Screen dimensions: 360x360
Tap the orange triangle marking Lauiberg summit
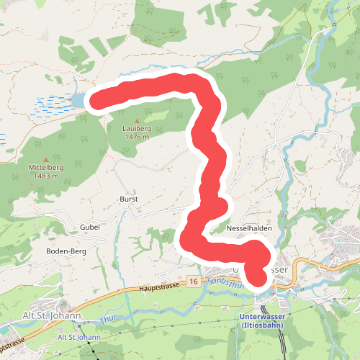coord(136,120)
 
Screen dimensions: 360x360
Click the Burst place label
coord(128,199)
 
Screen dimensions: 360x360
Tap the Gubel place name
coord(89,226)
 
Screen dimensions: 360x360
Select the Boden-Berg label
coord(66,251)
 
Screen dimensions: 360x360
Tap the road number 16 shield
coord(193,279)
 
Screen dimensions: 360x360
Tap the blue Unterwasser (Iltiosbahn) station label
coord(260,320)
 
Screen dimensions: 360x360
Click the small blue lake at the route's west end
coord(77,102)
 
